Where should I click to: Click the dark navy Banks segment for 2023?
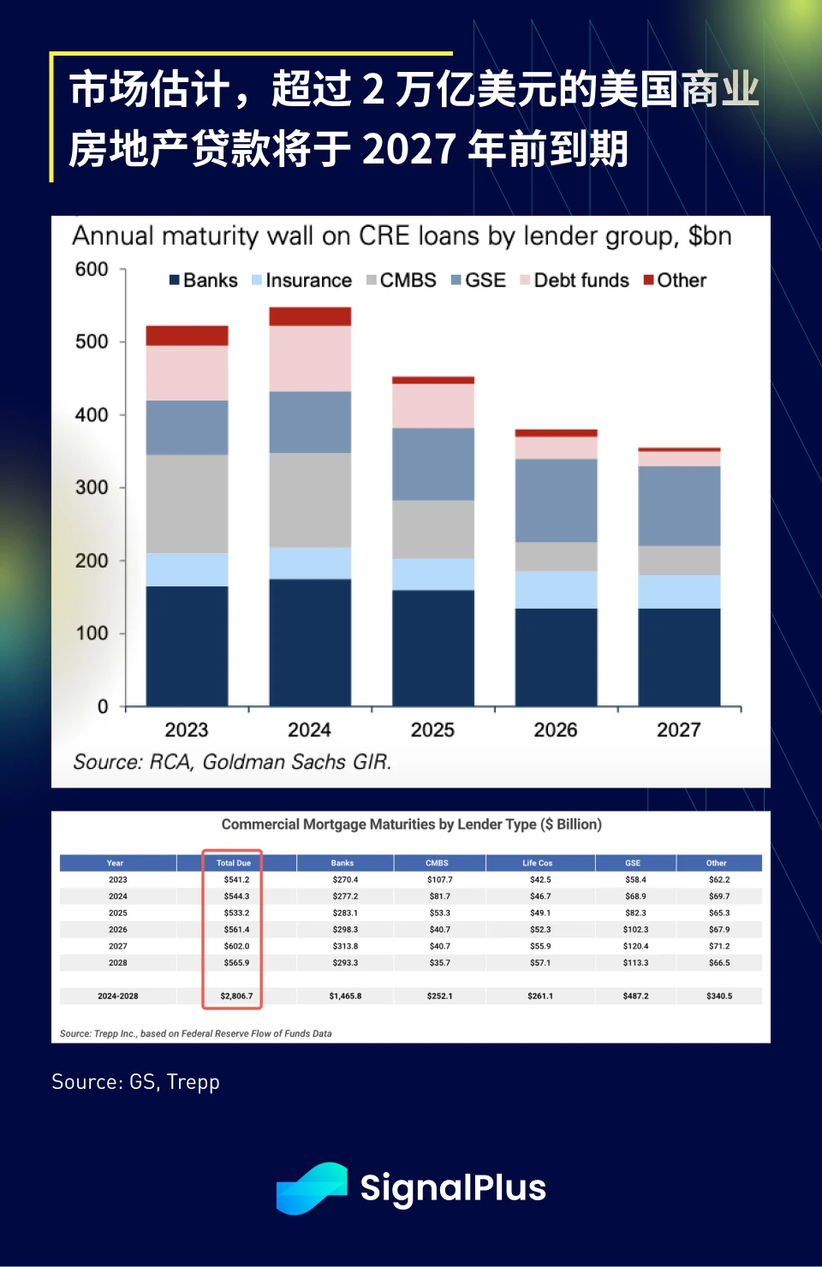(187, 645)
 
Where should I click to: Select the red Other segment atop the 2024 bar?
(310, 316)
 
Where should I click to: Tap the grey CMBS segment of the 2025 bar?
(433, 529)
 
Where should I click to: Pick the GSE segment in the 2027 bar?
(679, 506)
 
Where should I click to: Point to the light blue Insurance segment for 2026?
(557, 590)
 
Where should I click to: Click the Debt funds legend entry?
(575, 281)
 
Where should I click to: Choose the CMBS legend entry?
(402, 281)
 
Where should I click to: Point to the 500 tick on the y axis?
(92, 342)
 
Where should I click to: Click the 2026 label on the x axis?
(556, 730)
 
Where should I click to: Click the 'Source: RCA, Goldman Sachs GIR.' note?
(232, 762)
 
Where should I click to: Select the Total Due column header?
(233, 863)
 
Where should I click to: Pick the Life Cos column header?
(538, 863)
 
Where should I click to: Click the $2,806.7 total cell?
(236, 996)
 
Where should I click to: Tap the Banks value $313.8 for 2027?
(345, 946)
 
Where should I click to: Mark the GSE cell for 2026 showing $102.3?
(635, 930)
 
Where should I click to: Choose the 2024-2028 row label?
(118, 996)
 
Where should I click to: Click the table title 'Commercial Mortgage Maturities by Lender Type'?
(411, 824)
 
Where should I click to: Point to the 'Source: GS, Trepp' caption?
(135, 1082)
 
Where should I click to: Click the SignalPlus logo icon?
(312, 1187)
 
